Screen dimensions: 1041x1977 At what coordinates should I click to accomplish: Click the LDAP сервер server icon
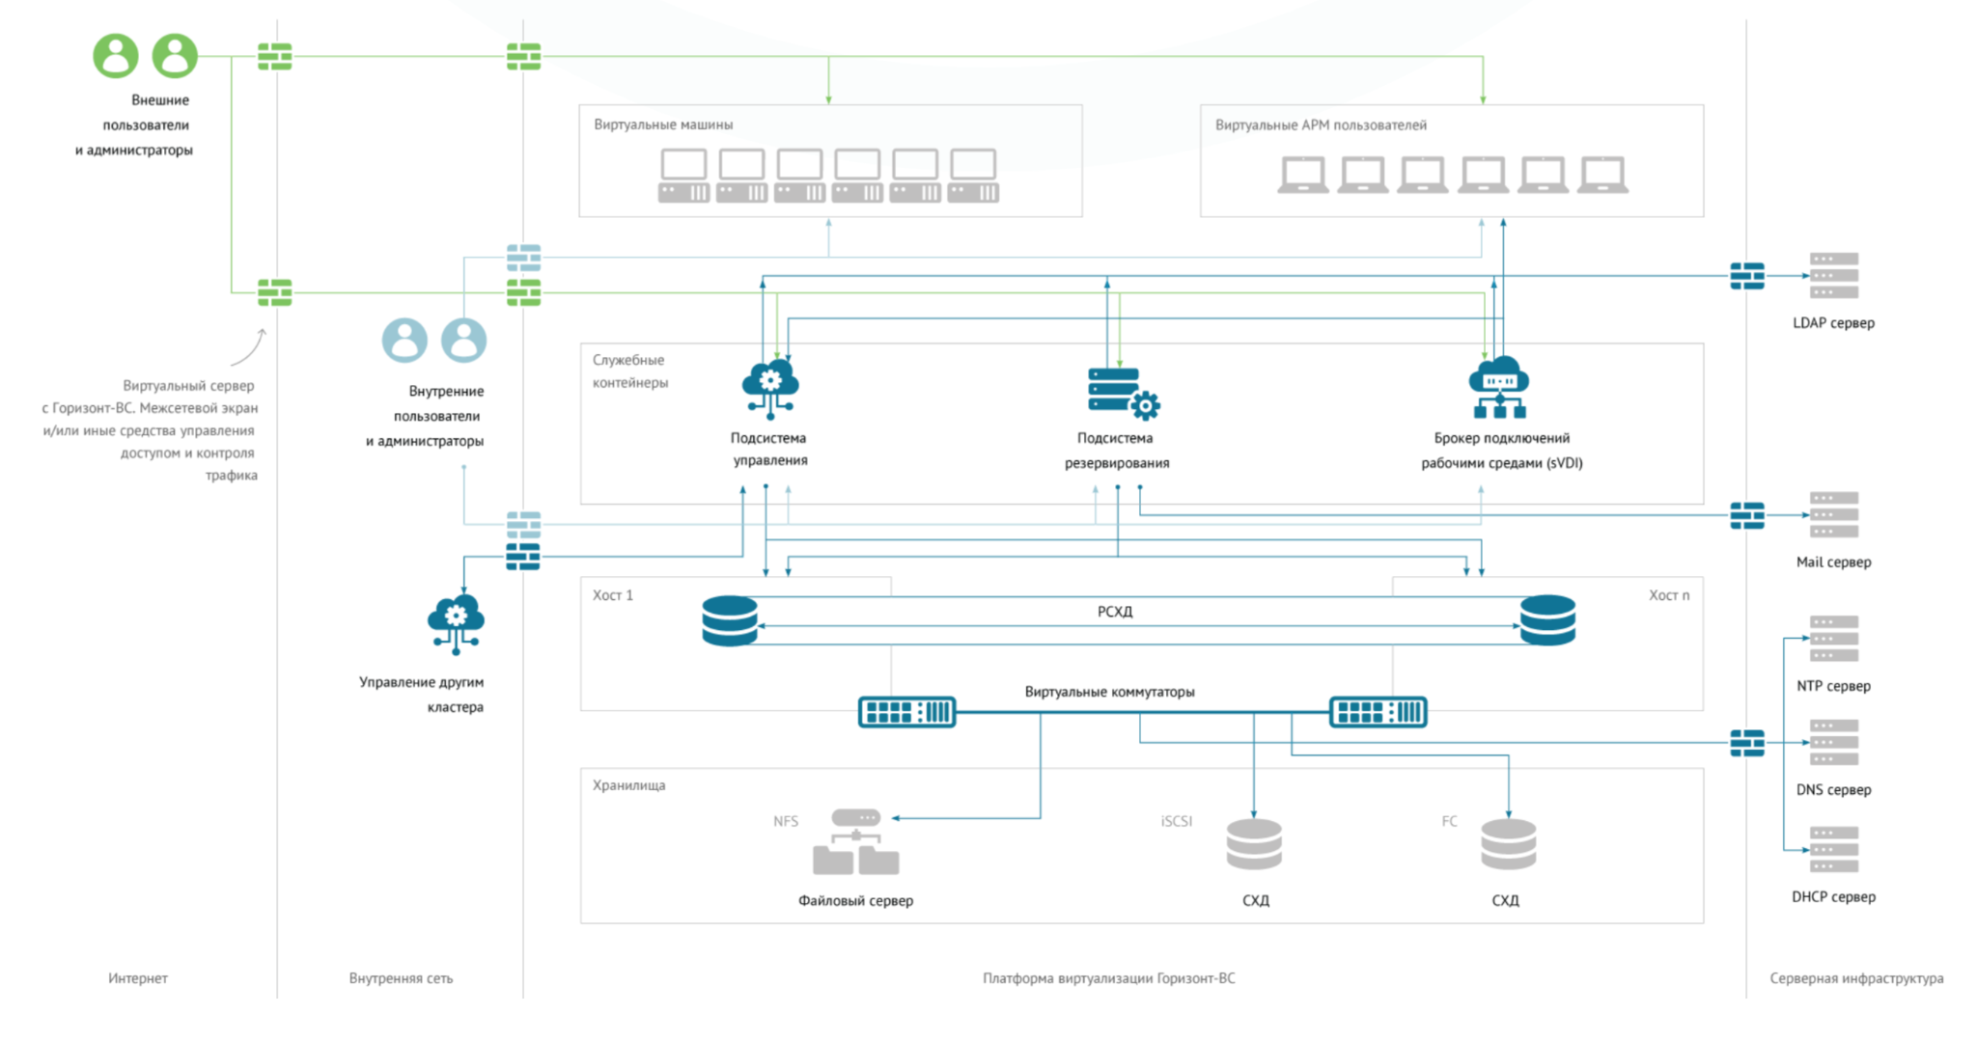(x=1833, y=276)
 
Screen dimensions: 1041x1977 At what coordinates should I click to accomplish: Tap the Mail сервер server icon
(x=1833, y=514)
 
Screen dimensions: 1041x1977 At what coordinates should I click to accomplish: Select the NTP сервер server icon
(x=1833, y=639)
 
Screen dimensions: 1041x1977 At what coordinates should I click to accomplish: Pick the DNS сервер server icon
(x=1833, y=742)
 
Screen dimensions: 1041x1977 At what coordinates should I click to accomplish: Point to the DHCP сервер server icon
(x=1833, y=849)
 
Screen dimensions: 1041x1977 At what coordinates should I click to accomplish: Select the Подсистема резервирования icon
(x=1122, y=393)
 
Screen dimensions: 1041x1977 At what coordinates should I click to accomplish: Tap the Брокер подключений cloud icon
(x=1499, y=387)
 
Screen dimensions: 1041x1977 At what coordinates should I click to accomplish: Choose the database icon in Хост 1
(x=730, y=620)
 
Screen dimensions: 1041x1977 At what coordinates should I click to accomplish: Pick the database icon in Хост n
(x=1547, y=620)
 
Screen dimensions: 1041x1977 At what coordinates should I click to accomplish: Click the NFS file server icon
(x=856, y=842)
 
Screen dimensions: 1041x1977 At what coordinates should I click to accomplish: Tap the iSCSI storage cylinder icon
(x=1254, y=845)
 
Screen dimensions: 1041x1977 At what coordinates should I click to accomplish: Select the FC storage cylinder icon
(x=1508, y=845)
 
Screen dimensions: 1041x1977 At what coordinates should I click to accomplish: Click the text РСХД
(x=1115, y=612)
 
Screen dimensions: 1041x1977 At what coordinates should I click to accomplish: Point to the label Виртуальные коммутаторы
(x=1109, y=692)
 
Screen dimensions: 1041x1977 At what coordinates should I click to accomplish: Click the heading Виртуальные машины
(x=663, y=124)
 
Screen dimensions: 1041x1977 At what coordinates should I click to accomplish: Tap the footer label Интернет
(x=138, y=978)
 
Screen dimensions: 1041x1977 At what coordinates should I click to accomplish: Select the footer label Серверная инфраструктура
(x=1855, y=978)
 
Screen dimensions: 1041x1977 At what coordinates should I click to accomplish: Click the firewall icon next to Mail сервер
(x=1746, y=515)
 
